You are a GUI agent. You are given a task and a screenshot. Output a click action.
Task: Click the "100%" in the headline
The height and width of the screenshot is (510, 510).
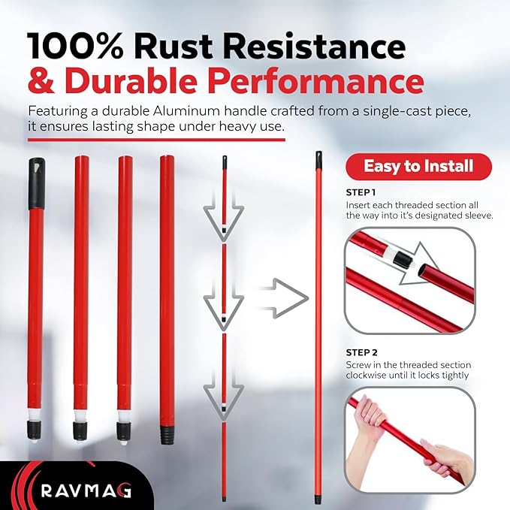pyautogui.click(x=76, y=46)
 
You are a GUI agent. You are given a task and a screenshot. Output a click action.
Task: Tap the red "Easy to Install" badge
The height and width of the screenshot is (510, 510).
pyautogui.click(x=418, y=167)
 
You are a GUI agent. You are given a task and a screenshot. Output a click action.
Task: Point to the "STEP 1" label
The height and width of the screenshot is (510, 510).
pyautogui.click(x=361, y=192)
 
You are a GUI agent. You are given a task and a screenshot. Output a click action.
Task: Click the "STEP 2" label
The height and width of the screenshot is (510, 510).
pyautogui.click(x=362, y=352)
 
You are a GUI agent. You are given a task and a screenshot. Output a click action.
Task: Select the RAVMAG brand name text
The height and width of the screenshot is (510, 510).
pyautogui.click(x=86, y=490)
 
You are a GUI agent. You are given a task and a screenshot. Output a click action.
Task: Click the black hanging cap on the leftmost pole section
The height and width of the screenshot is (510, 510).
pyautogui.click(x=36, y=183)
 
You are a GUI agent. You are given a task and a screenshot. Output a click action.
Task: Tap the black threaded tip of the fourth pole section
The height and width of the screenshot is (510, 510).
pyautogui.click(x=167, y=435)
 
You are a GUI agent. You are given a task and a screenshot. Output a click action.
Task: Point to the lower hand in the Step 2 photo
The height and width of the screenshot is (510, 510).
pyautogui.click(x=447, y=458)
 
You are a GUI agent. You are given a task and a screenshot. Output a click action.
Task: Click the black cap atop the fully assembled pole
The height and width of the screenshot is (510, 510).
pyautogui.click(x=318, y=160)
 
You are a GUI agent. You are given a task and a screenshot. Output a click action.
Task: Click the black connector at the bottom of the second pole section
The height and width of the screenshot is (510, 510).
pyautogui.click(x=80, y=431)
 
